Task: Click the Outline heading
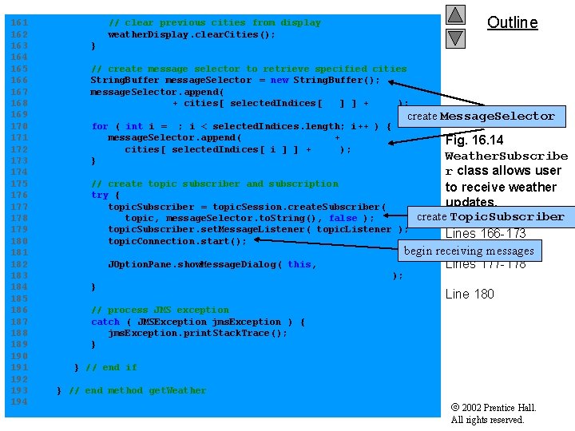coord(512,22)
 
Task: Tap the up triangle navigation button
coord(455,14)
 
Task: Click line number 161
coord(18,23)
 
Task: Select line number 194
coord(18,401)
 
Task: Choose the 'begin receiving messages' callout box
coord(469,251)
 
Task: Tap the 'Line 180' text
coord(469,294)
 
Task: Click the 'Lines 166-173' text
coord(485,234)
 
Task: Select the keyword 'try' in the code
coord(100,195)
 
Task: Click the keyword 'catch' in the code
coord(105,322)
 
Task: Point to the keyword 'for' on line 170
coord(100,126)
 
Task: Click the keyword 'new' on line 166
coord(280,80)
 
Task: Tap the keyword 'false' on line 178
coord(343,218)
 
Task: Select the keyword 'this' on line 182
coord(299,264)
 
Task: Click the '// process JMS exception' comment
coord(160,310)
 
